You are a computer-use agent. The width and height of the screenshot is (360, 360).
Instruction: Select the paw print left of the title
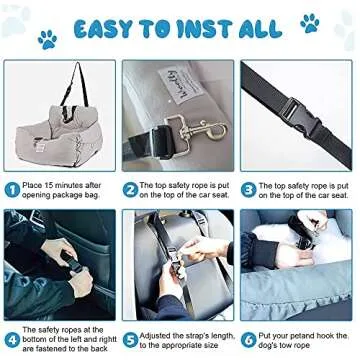[x=46, y=39]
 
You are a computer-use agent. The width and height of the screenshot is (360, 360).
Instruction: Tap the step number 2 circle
[x=131, y=187]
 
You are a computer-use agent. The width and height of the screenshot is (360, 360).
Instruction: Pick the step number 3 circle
[x=250, y=187]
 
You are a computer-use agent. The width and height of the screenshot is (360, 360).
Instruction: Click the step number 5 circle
[x=131, y=338]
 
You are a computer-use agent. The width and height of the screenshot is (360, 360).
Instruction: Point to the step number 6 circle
[x=250, y=338]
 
